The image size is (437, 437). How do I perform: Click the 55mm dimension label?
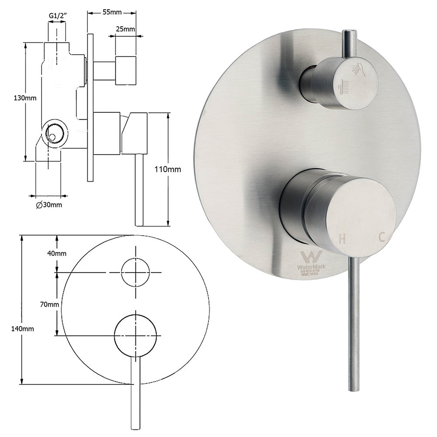(112, 12)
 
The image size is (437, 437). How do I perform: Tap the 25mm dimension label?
(125, 30)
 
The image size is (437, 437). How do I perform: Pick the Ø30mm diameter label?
(49, 205)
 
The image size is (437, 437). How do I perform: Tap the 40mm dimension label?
(57, 253)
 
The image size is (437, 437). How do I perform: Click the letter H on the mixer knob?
(343, 239)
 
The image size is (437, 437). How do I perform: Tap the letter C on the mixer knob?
(381, 237)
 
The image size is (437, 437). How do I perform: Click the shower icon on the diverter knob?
(359, 69)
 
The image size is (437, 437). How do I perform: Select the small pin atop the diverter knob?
(349, 43)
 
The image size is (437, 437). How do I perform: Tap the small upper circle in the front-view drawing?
(135, 272)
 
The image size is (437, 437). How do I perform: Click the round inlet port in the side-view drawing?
(55, 132)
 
